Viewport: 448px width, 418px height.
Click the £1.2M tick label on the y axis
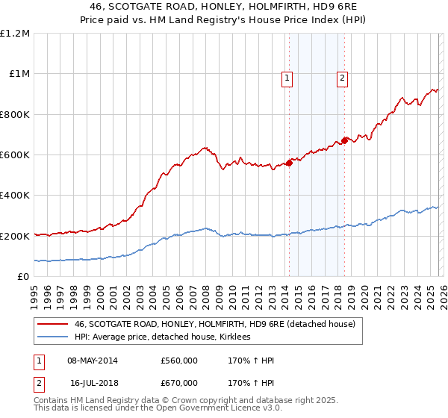click(x=15, y=34)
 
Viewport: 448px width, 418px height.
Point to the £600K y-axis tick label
click(x=15, y=155)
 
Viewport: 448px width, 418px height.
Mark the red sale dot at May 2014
click(x=289, y=163)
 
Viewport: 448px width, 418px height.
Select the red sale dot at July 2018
click(x=344, y=140)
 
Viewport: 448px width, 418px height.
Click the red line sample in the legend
click(x=52, y=324)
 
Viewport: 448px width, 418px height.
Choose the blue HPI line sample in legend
click(x=52, y=337)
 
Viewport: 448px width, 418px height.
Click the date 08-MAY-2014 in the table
click(x=92, y=361)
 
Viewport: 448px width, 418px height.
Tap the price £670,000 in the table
click(x=178, y=382)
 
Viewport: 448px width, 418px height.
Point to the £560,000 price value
click(x=178, y=361)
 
